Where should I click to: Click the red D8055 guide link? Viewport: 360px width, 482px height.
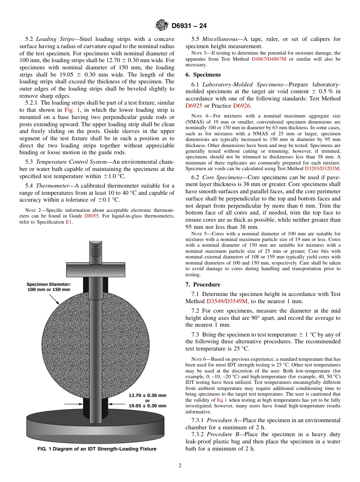(x=91, y=216)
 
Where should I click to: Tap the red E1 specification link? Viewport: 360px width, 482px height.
(x=69, y=222)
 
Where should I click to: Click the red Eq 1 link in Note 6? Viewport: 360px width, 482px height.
(x=222, y=400)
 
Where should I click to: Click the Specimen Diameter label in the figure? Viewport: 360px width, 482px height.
(x=48, y=286)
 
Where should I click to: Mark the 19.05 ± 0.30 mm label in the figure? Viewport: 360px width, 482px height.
(x=147, y=406)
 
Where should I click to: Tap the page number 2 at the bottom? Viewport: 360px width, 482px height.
(x=180, y=466)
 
